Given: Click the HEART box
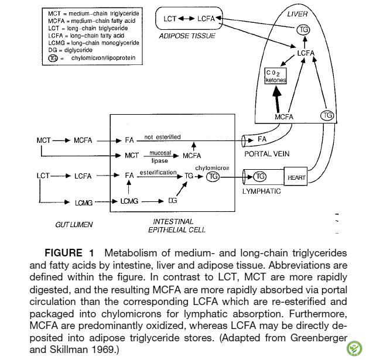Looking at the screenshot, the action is (x=296, y=176).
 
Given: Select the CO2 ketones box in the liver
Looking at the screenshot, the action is (x=275, y=76).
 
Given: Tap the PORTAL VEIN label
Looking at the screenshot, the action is (x=267, y=154).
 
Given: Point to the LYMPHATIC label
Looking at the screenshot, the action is (x=261, y=191).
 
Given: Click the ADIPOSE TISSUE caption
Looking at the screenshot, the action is (x=187, y=36).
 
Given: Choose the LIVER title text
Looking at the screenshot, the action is (x=297, y=14).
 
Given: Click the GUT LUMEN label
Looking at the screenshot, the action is (x=74, y=224).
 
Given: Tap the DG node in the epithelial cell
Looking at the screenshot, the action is (x=173, y=201).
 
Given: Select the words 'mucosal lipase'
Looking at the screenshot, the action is (x=160, y=157).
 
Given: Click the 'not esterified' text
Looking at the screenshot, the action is (x=162, y=137).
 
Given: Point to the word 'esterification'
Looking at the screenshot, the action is (x=158, y=173).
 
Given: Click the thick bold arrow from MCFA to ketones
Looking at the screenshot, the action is (x=277, y=99).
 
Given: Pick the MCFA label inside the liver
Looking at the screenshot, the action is (x=284, y=116).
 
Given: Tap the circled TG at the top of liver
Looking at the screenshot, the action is (x=303, y=30).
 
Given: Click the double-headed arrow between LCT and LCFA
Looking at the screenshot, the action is (x=186, y=19).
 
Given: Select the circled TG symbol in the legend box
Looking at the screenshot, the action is (x=53, y=58).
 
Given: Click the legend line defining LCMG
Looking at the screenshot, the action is (x=94, y=43).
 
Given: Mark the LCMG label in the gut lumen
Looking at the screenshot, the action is (x=84, y=203).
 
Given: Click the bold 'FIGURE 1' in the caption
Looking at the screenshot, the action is (x=69, y=253).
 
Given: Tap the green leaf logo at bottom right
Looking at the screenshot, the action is (x=354, y=348).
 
